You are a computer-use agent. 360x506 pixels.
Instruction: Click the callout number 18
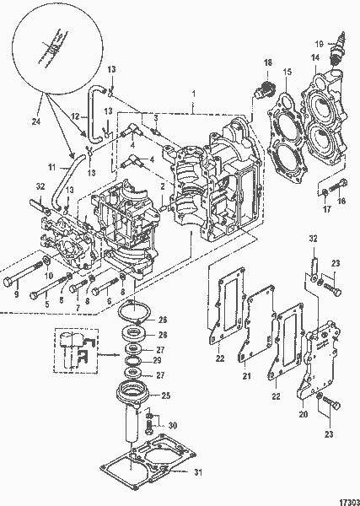tap(268, 63)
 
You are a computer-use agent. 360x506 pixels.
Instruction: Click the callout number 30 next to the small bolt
tap(174, 425)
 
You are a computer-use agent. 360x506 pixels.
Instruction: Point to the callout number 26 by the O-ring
tap(163, 320)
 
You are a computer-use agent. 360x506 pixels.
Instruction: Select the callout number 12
tap(73, 115)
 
